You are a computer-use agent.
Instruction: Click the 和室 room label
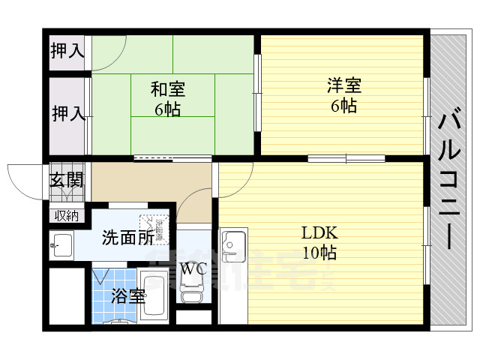pos(169,89)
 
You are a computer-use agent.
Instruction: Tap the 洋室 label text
pos(343,85)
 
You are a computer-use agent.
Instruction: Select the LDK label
pos(318,232)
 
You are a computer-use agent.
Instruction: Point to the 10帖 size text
pos(318,253)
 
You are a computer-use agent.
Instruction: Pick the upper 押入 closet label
pos(67,51)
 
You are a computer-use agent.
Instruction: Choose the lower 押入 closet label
pos(67,114)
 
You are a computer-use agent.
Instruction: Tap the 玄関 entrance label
pos(67,180)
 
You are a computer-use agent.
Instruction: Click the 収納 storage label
pos(67,216)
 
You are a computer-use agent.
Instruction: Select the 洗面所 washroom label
pos(128,237)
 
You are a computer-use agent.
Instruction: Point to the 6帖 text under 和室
pos(169,109)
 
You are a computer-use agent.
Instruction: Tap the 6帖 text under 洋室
pos(343,105)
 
